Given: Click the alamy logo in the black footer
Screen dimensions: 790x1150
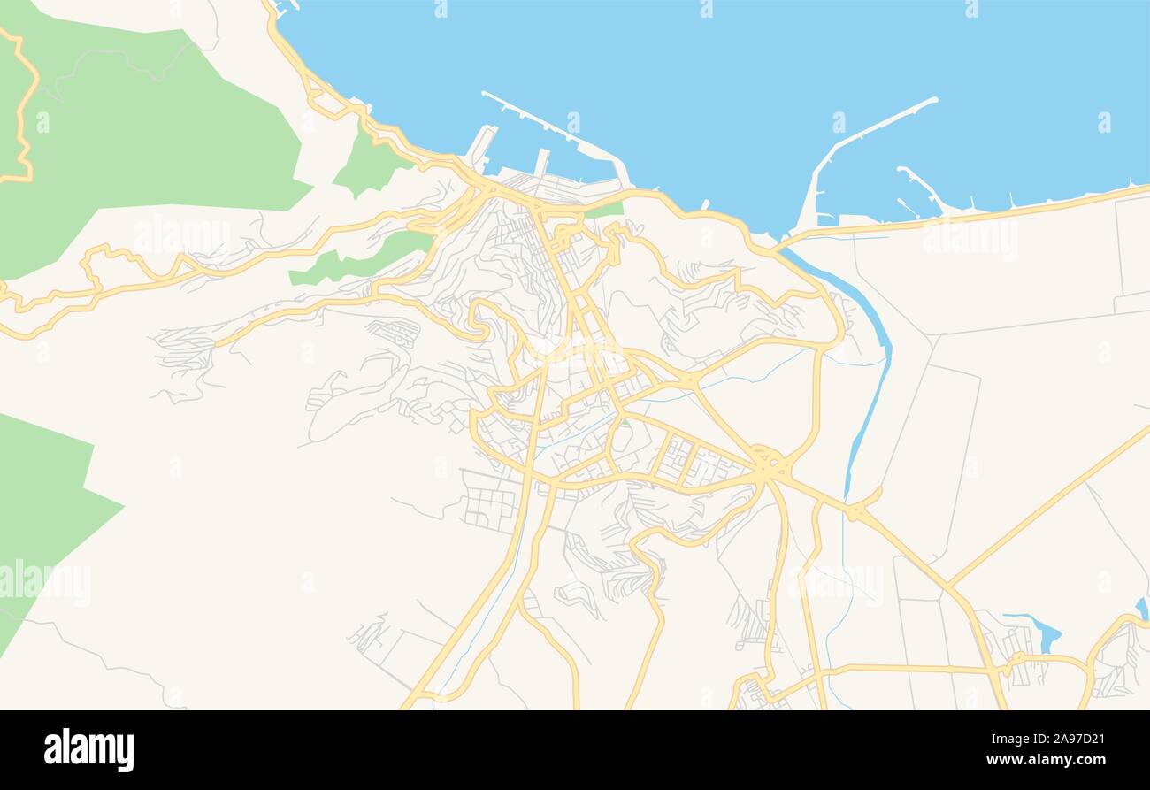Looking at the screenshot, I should point(88,749).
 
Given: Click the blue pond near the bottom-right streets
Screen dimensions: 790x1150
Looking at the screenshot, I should point(1045,633).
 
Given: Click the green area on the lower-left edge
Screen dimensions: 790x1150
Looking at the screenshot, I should point(44,513).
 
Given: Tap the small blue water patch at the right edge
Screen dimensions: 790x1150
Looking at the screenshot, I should point(1142,609).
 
